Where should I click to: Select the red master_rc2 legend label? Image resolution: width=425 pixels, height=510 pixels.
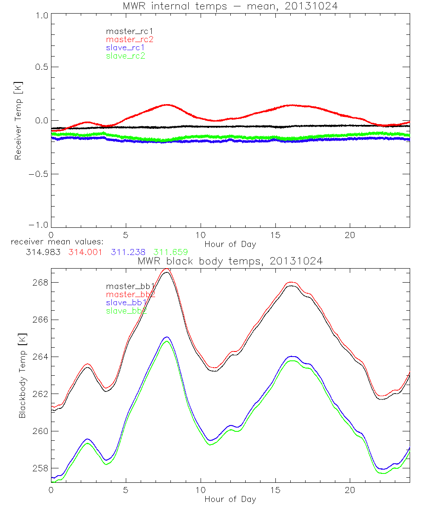(130, 40)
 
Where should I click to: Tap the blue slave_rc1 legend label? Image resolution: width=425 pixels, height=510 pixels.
(126, 48)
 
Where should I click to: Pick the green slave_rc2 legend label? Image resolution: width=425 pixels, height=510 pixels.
(126, 56)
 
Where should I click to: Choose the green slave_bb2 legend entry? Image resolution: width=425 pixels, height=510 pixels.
(127, 311)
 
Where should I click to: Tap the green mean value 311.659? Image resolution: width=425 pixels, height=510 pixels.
(170, 252)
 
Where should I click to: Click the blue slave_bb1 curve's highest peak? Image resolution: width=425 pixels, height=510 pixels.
(167, 337)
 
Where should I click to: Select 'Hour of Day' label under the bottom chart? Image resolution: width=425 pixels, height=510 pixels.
(230, 499)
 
